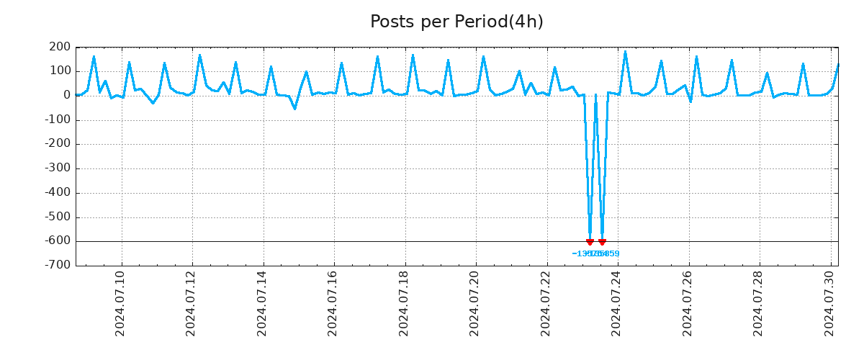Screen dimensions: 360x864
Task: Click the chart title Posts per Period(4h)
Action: coord(456,22)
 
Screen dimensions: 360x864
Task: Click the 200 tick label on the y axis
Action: coord(60,48)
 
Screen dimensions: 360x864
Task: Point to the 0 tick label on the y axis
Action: coord(66,95)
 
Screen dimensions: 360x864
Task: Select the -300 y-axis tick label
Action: coord(58,168)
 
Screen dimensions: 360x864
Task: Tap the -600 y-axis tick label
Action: coord(58,241)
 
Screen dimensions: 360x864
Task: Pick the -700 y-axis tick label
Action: coord(58,266)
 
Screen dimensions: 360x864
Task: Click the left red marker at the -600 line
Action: coord(590,242)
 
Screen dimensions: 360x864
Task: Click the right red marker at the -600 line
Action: coord(602,242)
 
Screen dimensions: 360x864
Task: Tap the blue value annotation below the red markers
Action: coord(595,254)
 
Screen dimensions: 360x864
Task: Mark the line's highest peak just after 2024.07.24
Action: coord(625,52)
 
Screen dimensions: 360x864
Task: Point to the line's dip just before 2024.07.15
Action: coord(294,109)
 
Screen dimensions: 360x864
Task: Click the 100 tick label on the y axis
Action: coord(60,71)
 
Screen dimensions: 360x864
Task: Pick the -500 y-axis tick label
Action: coord(58,217)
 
